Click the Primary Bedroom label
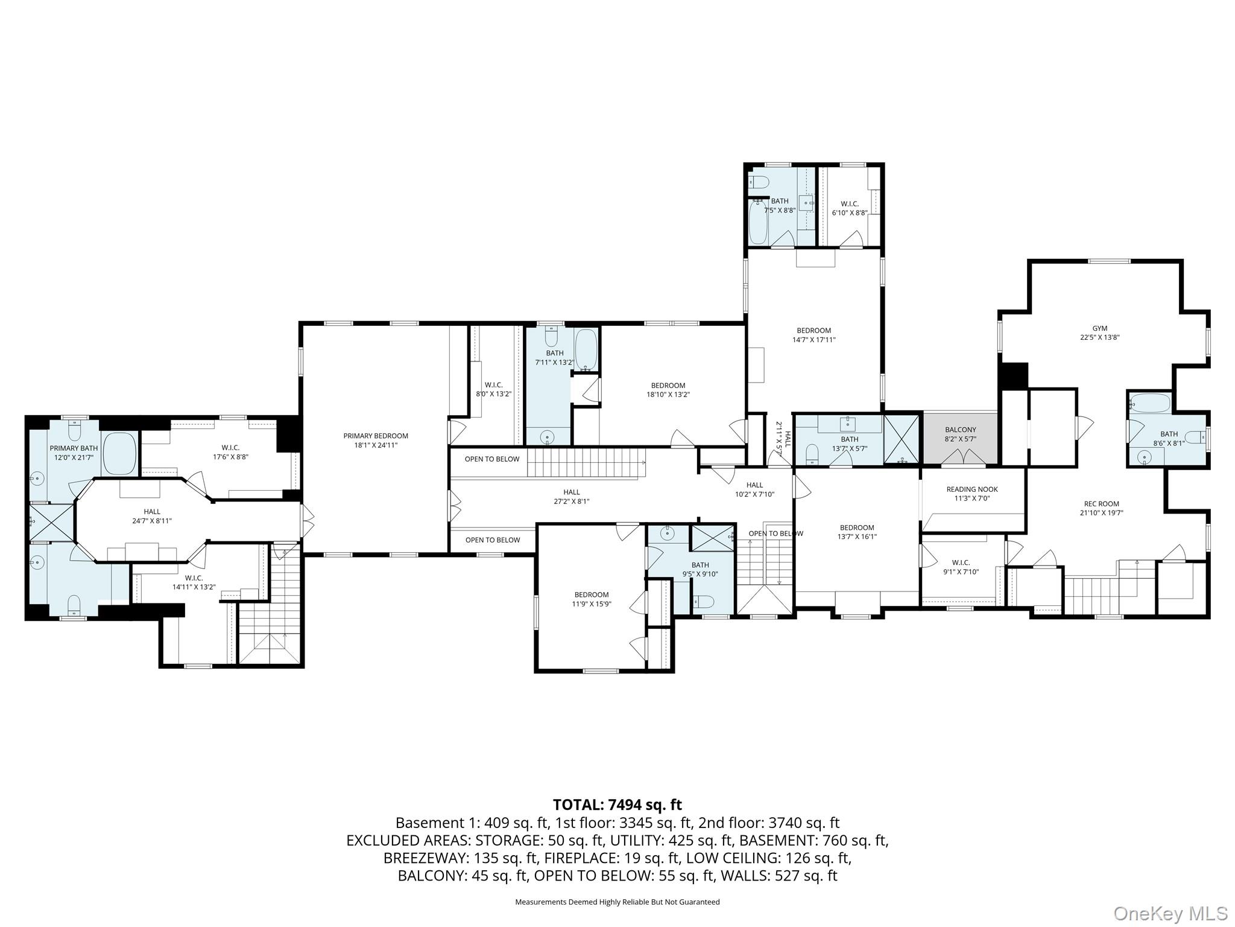376,440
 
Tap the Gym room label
1099,333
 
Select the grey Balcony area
960,439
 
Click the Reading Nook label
972,494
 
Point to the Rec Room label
1101,508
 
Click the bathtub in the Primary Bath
119,453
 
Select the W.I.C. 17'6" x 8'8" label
230,452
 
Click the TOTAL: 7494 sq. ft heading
617,804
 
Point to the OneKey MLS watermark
1170,913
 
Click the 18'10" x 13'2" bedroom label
668,390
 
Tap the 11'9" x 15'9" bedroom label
591,599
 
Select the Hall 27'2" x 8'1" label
571,496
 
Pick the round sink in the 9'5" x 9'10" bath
667,534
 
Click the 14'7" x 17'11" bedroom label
813,335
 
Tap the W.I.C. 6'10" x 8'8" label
849,208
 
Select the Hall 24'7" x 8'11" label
152,516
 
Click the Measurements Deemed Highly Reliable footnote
617,902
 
